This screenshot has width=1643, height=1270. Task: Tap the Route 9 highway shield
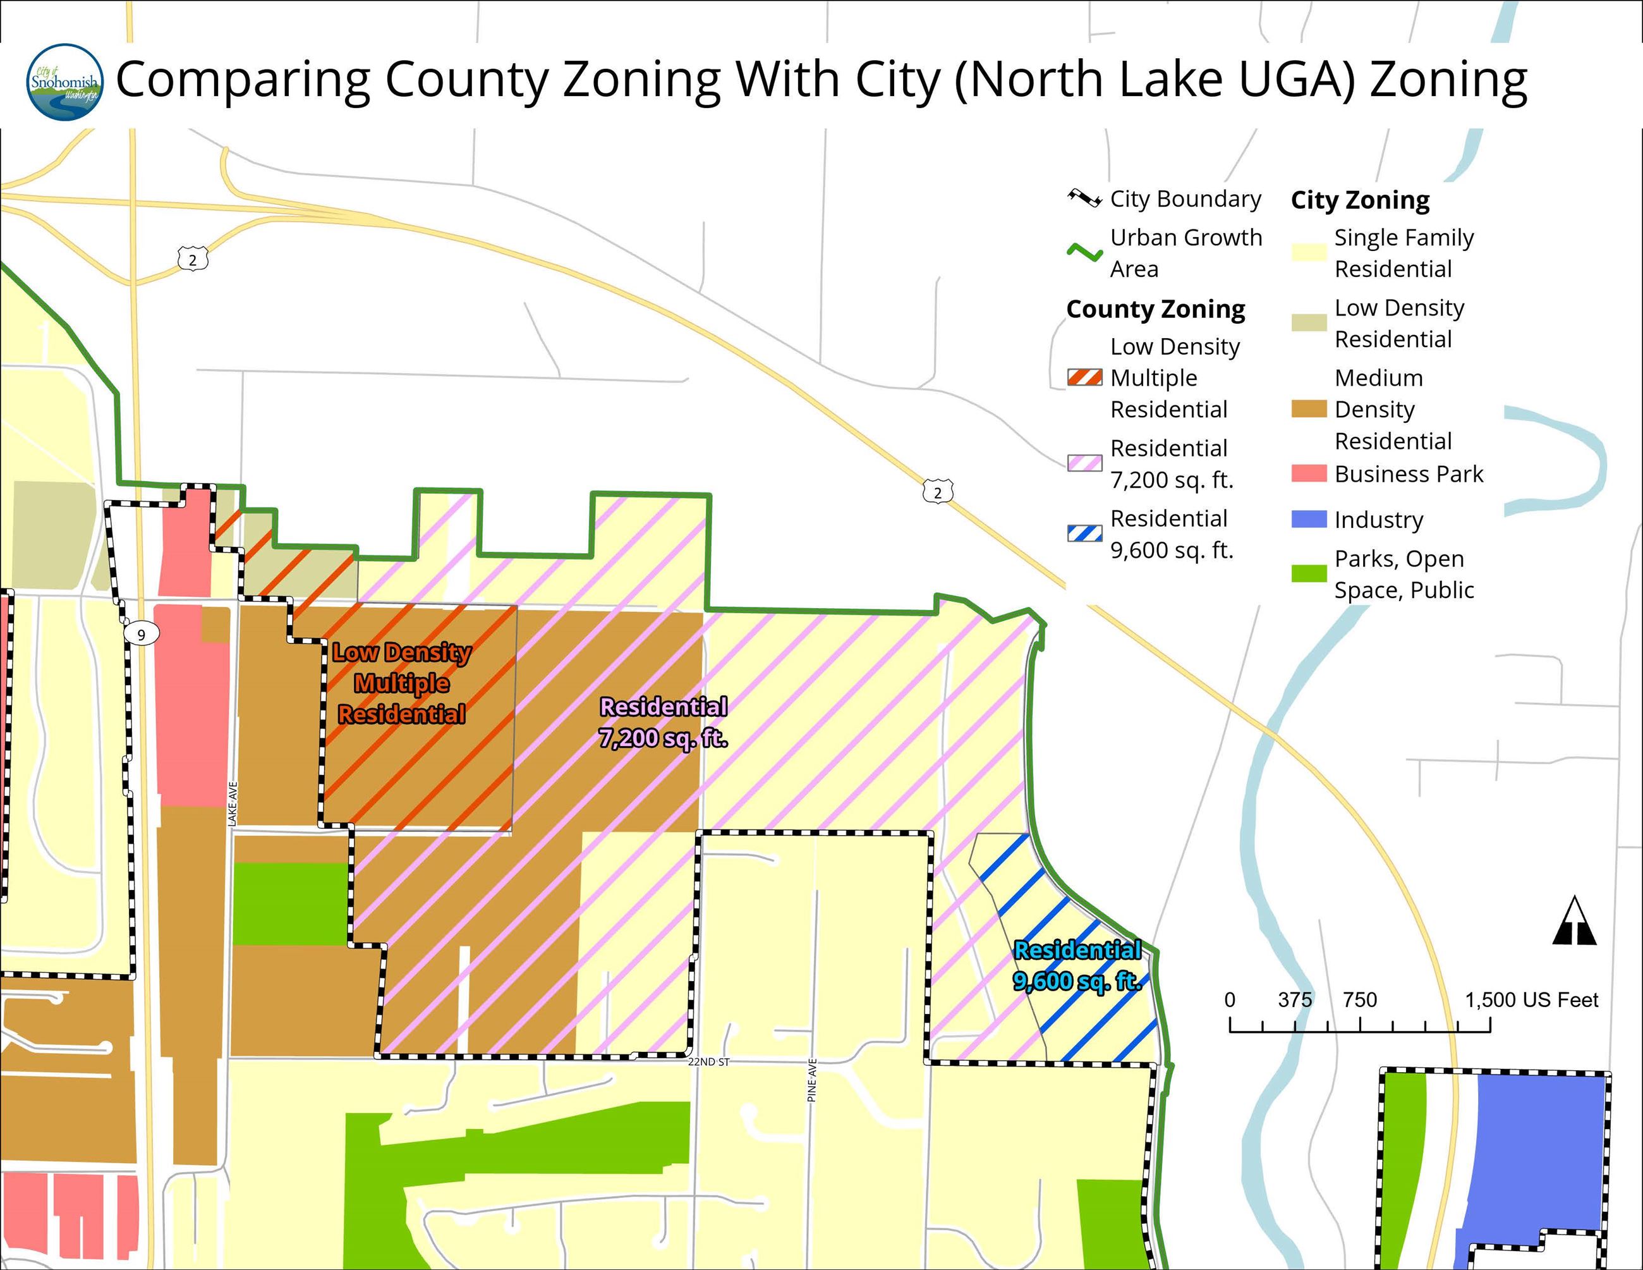[141, 634]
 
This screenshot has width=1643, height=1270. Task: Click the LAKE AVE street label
[233, 804]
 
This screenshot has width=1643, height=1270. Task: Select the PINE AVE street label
[812, 1081]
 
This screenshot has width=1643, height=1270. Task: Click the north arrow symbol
[1573, 921]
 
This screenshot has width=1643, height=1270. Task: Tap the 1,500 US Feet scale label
[1531, 1000]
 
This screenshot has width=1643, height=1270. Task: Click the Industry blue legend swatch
[1308, 519]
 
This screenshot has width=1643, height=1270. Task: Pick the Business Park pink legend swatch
[1308, 473]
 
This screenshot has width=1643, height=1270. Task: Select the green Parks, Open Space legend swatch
[1308, 573]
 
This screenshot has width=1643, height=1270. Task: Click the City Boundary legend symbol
[1084, 198]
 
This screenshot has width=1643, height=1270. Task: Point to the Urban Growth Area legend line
[1084, 253]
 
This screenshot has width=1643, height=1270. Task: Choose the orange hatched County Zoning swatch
[1084, 377]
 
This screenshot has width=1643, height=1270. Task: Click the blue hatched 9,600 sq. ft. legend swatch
[1084, 534]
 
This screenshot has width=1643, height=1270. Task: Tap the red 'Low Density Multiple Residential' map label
[402, 683]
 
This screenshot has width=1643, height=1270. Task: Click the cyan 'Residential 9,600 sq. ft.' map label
[1077, 965]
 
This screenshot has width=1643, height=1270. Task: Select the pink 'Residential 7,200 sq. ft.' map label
[663, 723]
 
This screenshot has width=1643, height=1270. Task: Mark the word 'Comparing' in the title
[242, 79]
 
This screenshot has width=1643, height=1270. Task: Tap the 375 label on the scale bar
[1295, 1000]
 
